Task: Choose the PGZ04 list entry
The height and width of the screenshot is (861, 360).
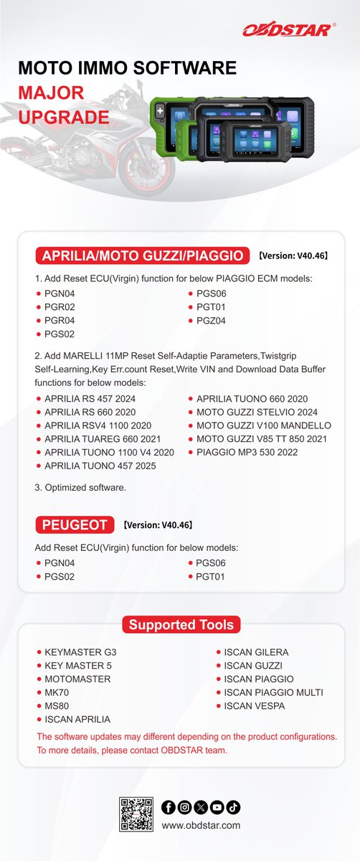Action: tap(211, 321)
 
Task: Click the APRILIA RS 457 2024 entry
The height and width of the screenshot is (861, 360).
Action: tap(90, 398)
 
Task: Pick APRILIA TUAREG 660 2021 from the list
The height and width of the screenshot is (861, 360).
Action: tap(103, 438)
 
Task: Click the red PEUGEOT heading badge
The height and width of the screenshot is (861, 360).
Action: tap(75, 525)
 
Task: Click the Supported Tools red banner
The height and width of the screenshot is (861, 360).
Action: tap(180, 625)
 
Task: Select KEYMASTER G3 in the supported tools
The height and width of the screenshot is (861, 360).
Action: tap(80, 652)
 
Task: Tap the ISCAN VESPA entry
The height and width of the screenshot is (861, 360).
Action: tap(255, 706)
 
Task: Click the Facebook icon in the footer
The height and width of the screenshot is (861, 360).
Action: tap(169, 808)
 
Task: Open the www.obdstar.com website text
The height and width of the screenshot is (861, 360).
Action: tap(201, 825)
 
